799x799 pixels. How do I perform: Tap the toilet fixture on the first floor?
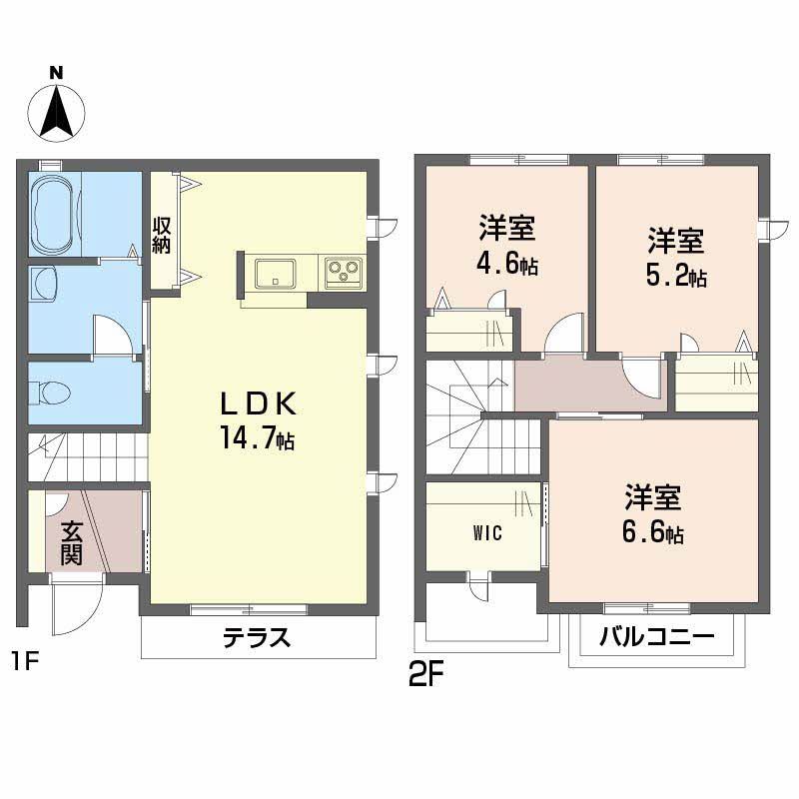click(51, 393)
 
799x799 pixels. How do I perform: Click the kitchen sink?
click(274, 271)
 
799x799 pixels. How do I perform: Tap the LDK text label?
click(258, 404)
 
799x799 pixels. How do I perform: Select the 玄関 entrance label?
click(70, 542)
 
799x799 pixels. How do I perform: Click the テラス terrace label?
click(257, 637)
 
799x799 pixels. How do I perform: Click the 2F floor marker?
click(424, 676)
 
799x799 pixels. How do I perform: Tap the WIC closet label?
click(487, 531)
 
